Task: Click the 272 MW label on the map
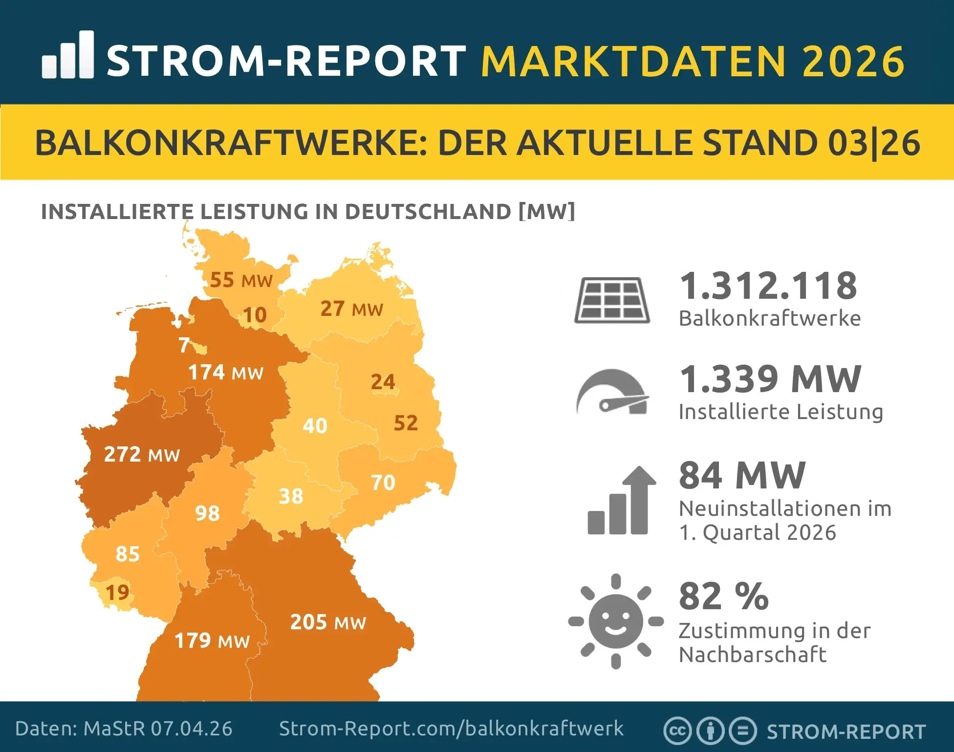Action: pyautogui.click(x=142, y=454)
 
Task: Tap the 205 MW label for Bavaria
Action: pyautogui.click(x=328, y=622)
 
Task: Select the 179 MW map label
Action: pyautogui.click(x=212, y=641)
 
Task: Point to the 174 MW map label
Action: pyautogui.click(x=226, y=373)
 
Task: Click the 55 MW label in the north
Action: pyautogui.click(x=241, y=280)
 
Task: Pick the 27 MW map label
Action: pyautogui.click(x=351, y=309)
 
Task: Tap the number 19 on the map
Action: pyautogui.click(x=117, y=593)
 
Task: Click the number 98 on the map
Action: pyautogui.click(x=207, y=513)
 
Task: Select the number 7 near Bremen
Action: pyautogui.click(x=184, y=345)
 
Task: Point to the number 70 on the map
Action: pyautogui.click(x=383, y=483)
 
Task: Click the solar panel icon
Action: pyautogui.click(x=612, y=300)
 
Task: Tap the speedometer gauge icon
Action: pyautogui.click(x=613, y=392)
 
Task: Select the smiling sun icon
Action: pyautogui.click(x=616, y=621)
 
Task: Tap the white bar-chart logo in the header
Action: pyautogui.click(x=68, y=55)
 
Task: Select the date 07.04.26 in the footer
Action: pyautogui.click(x=192, y=729)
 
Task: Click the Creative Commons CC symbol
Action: pyautogui.click(x=677, y=731)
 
